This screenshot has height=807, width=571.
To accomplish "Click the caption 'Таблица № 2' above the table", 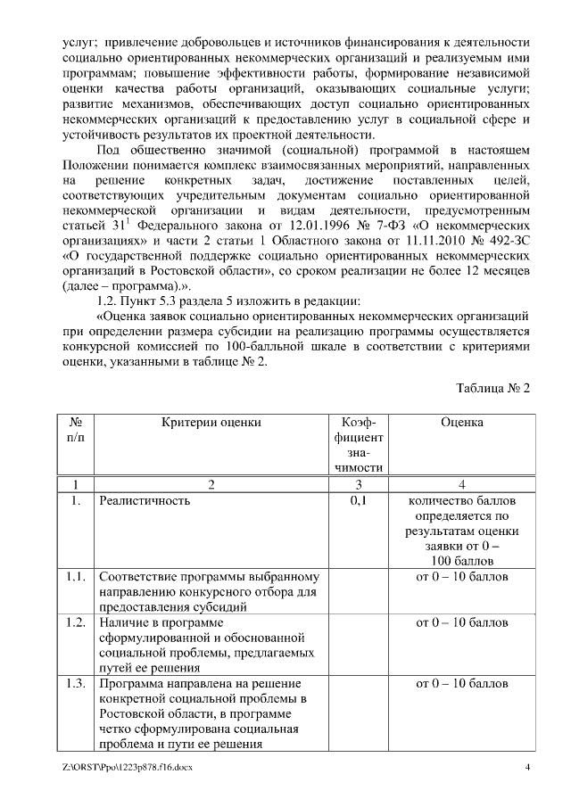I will point(493,389).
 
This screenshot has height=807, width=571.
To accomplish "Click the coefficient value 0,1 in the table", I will point(358,501).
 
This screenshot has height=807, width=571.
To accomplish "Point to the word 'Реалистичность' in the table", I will point(145,501).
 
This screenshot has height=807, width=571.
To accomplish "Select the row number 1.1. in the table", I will point(76,577).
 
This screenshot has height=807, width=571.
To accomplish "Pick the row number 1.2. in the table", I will point(76,622).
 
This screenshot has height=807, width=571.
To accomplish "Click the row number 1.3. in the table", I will point(76,683).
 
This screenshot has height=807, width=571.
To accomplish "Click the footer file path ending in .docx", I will point(127,768).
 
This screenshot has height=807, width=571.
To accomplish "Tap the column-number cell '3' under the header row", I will point(358,484).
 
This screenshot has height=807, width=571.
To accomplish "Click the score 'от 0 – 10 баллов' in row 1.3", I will point(461,683).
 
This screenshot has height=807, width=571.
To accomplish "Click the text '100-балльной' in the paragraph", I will point(277,346).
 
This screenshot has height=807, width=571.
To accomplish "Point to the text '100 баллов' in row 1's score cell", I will point(461,561).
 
